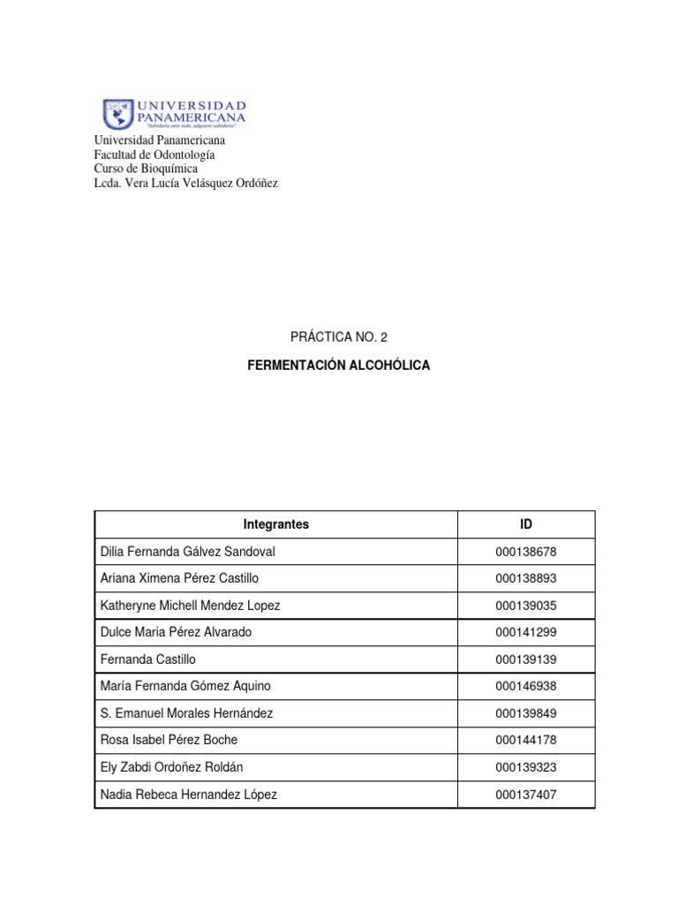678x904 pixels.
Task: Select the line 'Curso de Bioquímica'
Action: click(146, 169)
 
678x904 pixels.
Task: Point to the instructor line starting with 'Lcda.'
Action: click(185, 183)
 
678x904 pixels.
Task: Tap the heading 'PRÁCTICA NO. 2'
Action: click(338, 337)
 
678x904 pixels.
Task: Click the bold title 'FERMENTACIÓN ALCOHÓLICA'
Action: click(339, 365)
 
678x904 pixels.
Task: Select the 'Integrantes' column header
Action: click(276, 524)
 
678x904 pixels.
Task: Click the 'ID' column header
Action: click(526, 524)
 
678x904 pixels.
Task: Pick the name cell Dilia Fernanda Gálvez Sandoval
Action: click(189, 552)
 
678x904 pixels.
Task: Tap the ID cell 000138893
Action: click(526, 579)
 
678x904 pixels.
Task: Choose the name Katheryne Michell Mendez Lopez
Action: click(191, 606)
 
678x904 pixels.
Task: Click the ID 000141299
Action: click(526, 633)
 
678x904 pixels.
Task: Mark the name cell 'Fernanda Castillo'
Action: click(148, 659)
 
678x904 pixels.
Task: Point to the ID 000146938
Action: click(526, 687)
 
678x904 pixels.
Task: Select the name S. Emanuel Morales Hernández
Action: click(187, 713)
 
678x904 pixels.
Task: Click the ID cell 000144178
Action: click(526, 741)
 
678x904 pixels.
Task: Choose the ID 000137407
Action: click(526, 795)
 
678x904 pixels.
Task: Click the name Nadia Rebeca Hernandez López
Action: click(190, 795)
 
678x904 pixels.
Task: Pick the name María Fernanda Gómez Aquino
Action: click(186, 687)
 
